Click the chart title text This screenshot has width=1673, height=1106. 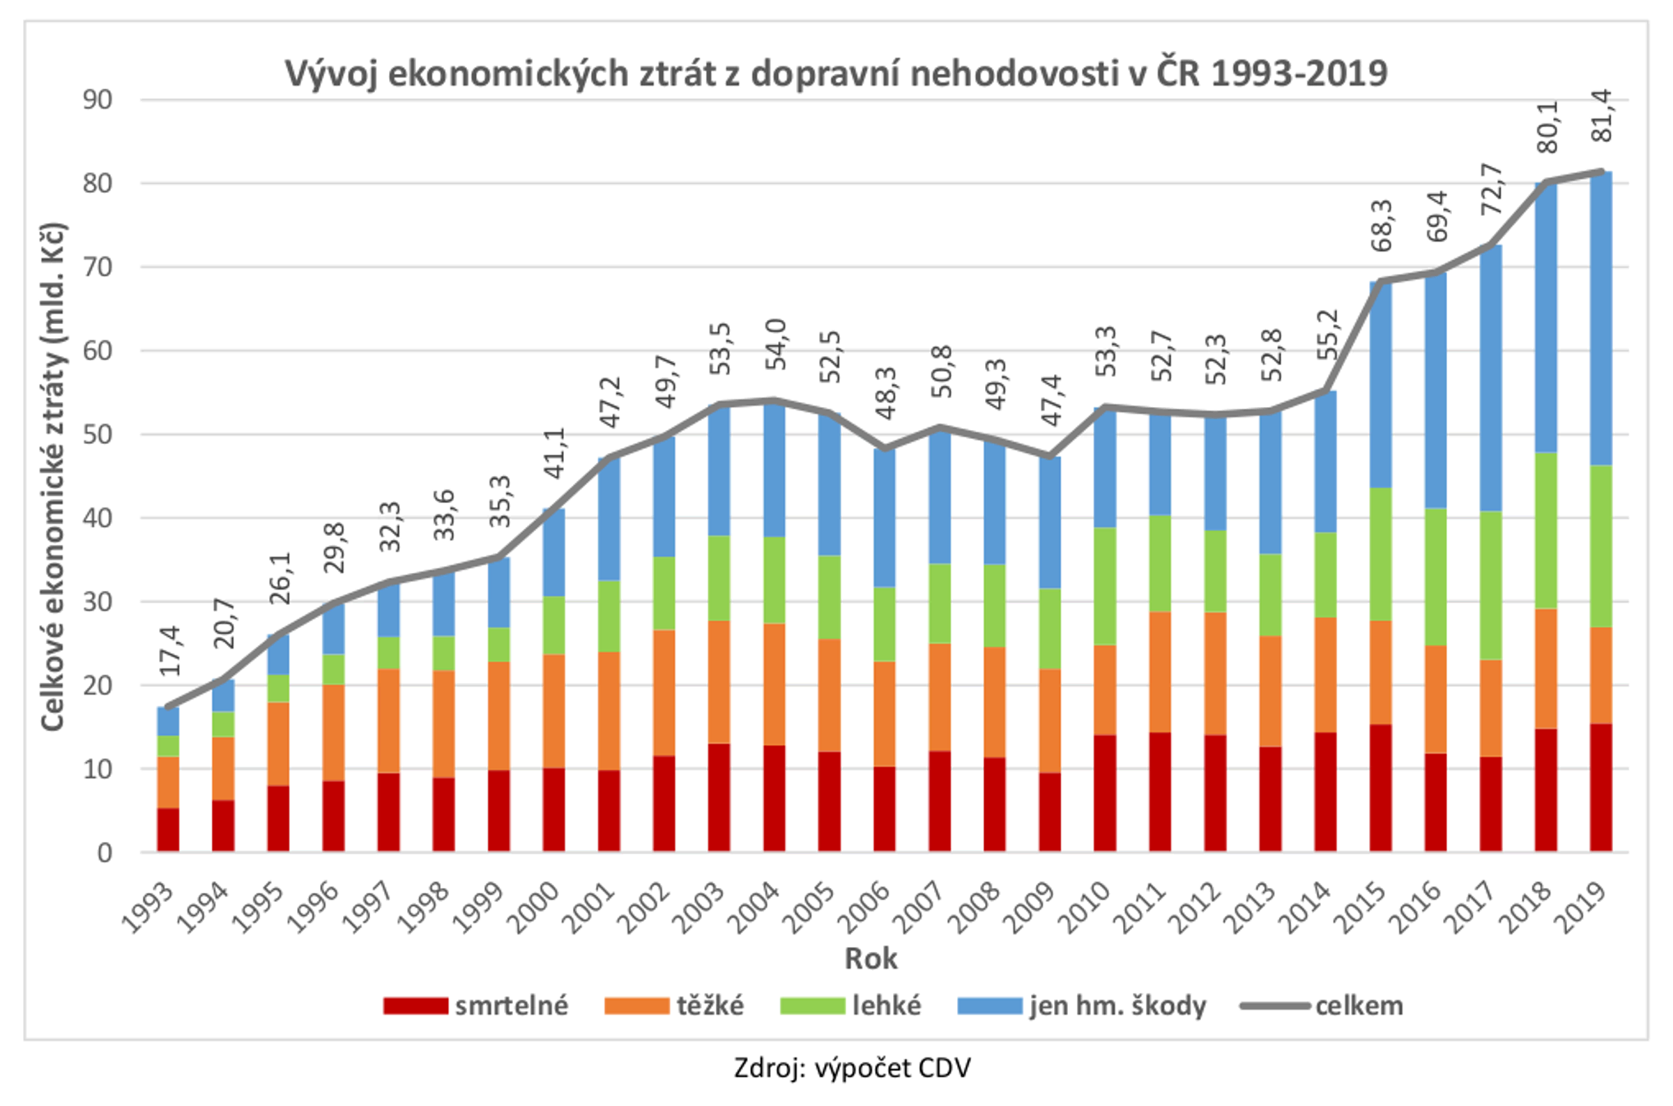pos(836,73)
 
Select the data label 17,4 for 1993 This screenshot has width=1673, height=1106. pos(169,650)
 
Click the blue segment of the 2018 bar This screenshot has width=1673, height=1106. pos(1545,317)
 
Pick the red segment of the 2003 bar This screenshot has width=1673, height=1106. pos(719,798)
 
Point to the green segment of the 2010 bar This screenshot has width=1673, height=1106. pos(1104,586)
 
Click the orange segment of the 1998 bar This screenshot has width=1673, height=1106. pos(443,724)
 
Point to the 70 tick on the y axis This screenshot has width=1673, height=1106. pos(98,268)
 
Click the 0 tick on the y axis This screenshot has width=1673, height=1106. pos(105,854)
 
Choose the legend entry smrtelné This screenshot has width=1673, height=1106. pos(512,1006)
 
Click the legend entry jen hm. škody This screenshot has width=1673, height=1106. pos(1117,1006)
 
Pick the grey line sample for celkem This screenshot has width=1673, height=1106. pos(1274,1006)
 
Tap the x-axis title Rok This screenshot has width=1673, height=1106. pos(871,958)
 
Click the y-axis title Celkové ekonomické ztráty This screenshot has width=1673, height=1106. pos(54,477)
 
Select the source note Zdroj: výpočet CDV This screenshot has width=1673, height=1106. pos(852,1068)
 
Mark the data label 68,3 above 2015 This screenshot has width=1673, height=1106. pos(1381,226)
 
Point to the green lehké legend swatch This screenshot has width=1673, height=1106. pos(812,1006)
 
